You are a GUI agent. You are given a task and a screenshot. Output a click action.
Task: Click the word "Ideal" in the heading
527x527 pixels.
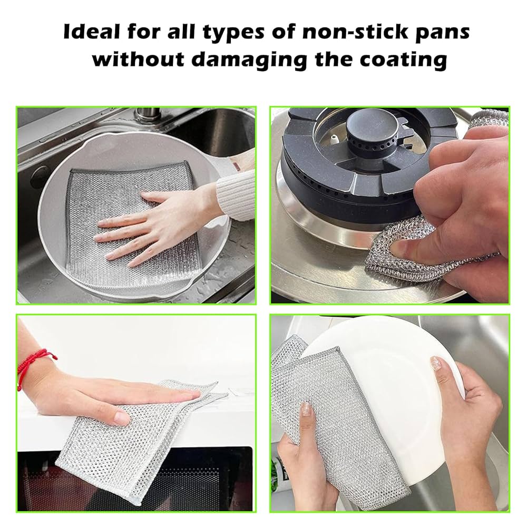pyautogui.click(x=92, y=32)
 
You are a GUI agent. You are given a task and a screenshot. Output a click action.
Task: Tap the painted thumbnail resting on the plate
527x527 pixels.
pyautogui.click(x=436, y=363)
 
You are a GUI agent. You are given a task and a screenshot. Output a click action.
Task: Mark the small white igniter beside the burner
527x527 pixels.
pyautogui.click(x=334, y=139)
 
